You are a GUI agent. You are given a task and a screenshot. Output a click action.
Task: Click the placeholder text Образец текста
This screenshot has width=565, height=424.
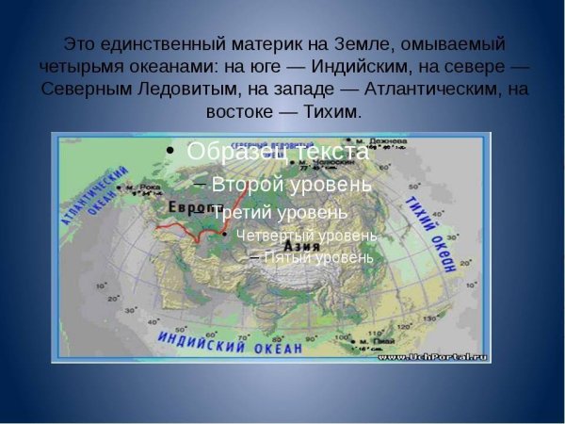277,151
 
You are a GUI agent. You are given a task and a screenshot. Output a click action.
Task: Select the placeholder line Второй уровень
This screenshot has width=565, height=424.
291,184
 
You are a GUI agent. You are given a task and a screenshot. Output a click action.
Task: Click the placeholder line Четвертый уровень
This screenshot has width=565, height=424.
306,236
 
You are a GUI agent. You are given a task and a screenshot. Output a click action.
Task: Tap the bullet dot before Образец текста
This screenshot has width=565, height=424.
169,151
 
